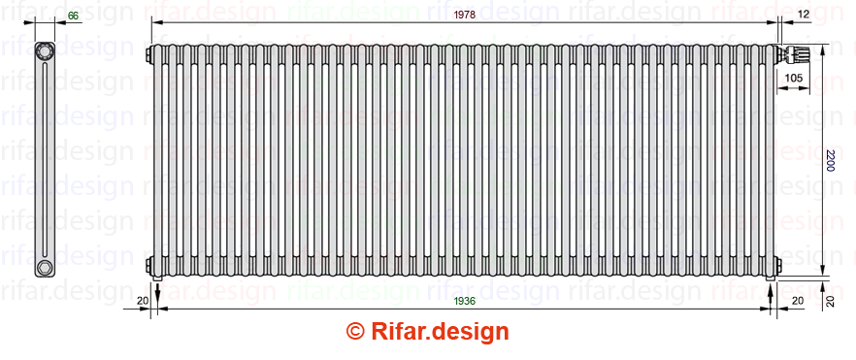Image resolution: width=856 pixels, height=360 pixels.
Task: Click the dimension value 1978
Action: [x=465, y=16]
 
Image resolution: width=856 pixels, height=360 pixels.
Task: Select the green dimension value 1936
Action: [x=465, y=301]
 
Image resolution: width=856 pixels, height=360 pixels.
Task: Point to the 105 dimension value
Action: [x=793, y=78]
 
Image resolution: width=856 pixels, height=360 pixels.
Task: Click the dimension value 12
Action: [x=803, y=16]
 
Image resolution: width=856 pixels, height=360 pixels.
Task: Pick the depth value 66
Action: [x=73, y=16]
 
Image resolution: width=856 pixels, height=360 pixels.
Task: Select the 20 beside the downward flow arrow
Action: [x=143, y=301]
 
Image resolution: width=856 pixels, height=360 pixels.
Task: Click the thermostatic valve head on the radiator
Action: [x=794, y=54]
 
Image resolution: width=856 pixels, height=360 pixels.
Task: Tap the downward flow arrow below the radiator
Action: [x=157, y=292]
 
